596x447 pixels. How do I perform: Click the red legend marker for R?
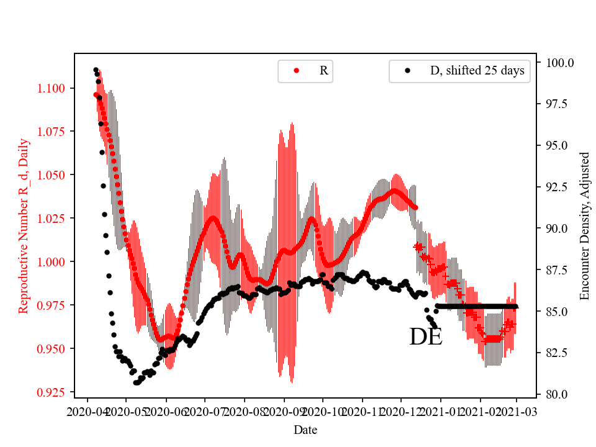(x=296, y=71)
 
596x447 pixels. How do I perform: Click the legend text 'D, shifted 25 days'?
(x=477, y=71)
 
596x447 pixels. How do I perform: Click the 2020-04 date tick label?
(x=87, y=411)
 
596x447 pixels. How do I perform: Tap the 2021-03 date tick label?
(x=517, y=411)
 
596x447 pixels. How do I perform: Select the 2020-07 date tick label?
(x=204, y=411)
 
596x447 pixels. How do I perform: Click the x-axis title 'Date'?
(x=305, y=430)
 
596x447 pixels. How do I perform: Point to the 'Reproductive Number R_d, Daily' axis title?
(x=24, y=226)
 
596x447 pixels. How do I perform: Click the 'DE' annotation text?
(x=426, y=337)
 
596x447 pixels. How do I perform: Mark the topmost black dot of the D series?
(x=96, y=70)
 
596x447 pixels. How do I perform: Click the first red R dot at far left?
(x=96, y=95)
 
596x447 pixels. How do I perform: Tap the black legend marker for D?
(x=407, y=71)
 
